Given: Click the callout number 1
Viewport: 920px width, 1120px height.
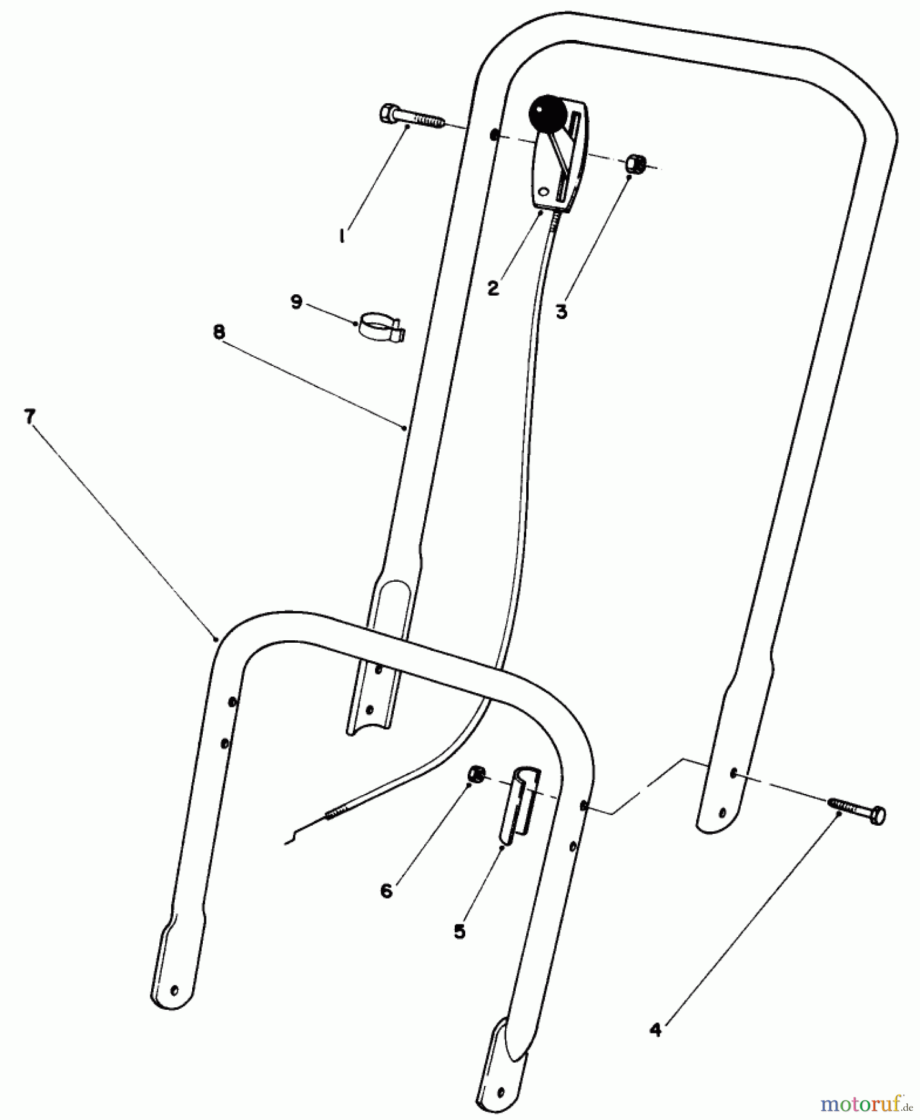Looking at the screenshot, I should [342, 236].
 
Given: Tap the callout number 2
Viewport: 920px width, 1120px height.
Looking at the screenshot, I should [493, 288].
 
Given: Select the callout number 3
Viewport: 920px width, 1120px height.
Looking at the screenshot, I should [562, 311].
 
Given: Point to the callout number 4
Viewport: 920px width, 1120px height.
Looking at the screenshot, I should [655, 1030].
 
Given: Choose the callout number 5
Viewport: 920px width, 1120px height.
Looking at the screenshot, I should [459, 931].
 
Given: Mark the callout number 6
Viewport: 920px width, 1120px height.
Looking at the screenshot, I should [386, 891].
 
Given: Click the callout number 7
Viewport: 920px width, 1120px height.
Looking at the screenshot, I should [29, 416].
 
